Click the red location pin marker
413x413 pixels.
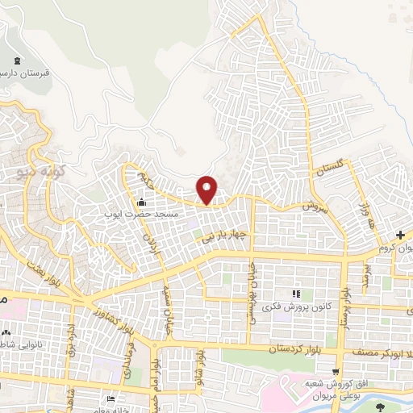[x=207, y=189]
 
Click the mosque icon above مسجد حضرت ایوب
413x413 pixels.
[x=143, y=202]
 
